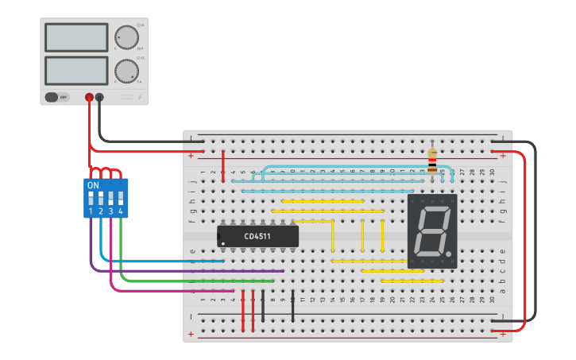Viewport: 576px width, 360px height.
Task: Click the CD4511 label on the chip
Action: [x=258, y=236]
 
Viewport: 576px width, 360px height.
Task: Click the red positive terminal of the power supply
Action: [x=89, y=97]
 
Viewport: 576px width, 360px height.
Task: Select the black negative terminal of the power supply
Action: [x=99, y=97]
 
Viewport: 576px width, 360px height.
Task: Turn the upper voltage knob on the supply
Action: [x=126, y=37]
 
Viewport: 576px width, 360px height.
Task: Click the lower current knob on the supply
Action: [x=126, y=71]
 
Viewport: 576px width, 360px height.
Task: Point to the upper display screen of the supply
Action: [x=76, y=37]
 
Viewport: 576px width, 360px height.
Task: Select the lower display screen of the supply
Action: [x=76, y=71]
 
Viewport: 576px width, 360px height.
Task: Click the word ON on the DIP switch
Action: [x=93, y=185]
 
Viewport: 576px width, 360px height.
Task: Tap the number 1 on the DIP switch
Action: [x=91, y=211]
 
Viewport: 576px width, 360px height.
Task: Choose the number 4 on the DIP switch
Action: [x=121, y=211]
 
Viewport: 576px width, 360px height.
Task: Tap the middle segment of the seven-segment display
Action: [x=432, y=230]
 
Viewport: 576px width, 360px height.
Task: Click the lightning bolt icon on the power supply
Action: [x=141, y=97]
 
